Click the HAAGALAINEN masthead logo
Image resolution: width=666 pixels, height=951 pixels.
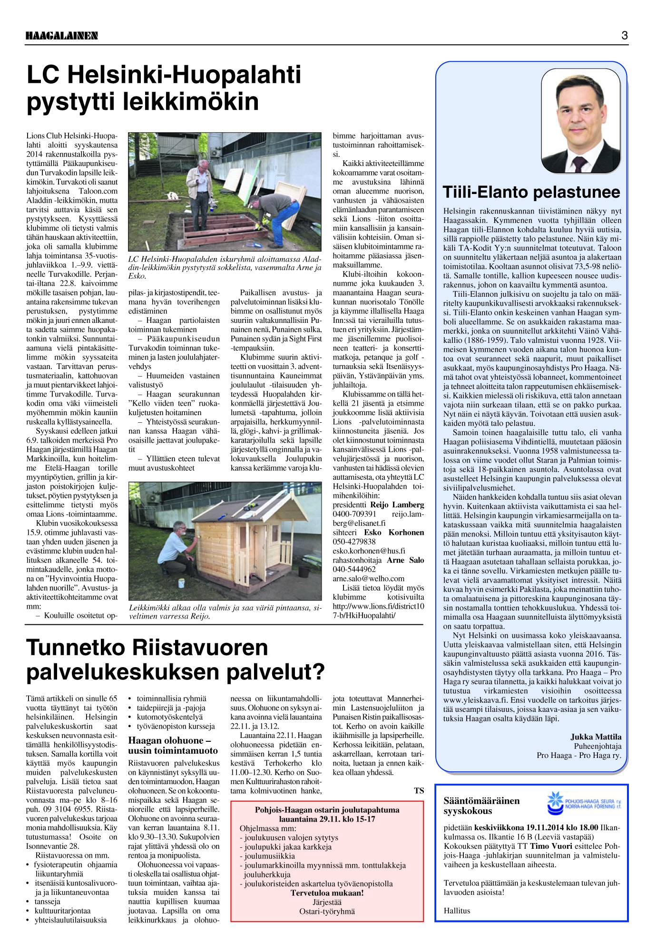[x=61, y=36]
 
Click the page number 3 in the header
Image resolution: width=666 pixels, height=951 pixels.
[x=624, y=36]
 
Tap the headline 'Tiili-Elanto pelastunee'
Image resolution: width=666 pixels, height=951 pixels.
[x=531, y=192]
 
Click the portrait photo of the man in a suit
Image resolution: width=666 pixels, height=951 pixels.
[x=580, y=121]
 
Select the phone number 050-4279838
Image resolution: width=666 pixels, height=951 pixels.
[x=354, y=542]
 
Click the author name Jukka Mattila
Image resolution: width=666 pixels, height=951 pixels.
[x=596, y=737]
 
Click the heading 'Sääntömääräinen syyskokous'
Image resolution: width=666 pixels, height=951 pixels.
[x=481, y=805]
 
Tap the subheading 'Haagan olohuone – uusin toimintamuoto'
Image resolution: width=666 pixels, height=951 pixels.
[x=173, y=746]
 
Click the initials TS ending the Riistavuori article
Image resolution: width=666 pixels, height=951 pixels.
[x=419, y=791]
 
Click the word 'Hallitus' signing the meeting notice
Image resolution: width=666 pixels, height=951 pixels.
[x=457, y=911]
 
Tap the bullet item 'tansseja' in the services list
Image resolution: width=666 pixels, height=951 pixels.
[x=47, y=902]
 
